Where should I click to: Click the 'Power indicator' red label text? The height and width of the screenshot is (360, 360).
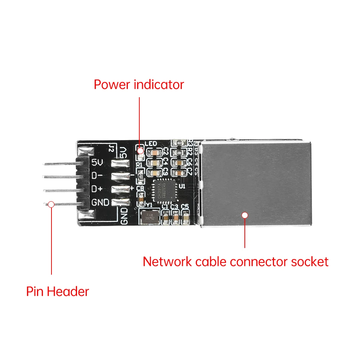click(139, 85)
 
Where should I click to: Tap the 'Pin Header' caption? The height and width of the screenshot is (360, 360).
click(57, 291)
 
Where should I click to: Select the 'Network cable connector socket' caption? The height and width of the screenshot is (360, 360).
click(235, 261)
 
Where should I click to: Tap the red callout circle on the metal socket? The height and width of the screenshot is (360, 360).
click(245, 215)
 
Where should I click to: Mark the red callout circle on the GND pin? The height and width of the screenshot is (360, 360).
click(51, 204)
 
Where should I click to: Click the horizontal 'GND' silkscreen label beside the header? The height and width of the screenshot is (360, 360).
click(100, 202)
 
